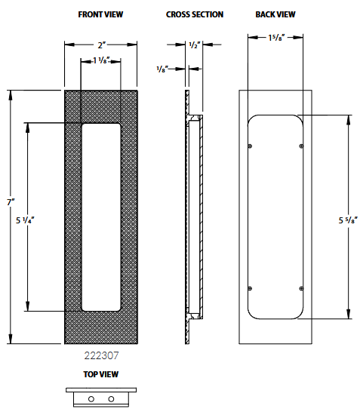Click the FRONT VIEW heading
[x=100, y=14]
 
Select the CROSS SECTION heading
[x=194, y=14]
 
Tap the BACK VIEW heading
[x=275, y=14]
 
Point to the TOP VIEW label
[x=100, y=374]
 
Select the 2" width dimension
[x=100, y=45]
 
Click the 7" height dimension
[x=11, y=202]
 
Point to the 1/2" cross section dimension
[x=195, y=45]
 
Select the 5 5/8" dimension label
[x=348, y=220]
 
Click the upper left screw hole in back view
[x=251, y=145]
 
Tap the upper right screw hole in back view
[x=301, y=145]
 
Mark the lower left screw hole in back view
[x=251, y=287]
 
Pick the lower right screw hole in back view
[x=301, y=287]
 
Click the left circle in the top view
[x=91, y=398]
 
